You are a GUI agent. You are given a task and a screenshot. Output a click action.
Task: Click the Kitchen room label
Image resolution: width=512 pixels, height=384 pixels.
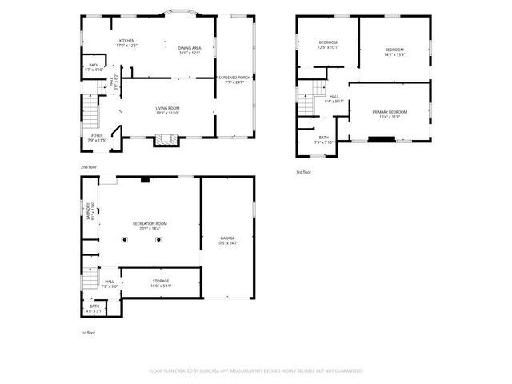pos(126,43)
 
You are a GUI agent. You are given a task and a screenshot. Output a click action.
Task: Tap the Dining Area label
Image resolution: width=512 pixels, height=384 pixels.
pos(190,50)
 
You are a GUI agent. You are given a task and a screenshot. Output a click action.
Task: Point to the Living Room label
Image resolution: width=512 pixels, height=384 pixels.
pos(166,110)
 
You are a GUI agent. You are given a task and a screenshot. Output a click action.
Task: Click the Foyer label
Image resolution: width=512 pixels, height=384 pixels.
pos(96,138)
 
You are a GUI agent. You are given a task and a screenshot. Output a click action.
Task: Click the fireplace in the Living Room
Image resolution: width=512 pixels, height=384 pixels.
pos(166,139)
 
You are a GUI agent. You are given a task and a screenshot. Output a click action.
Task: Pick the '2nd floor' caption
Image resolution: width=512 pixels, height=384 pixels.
pos(88,166)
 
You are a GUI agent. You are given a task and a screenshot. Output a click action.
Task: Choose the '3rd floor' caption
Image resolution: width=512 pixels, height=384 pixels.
pos(303,172)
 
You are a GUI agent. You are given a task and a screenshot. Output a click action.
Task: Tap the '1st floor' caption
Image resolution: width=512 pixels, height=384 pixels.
pos(88,332)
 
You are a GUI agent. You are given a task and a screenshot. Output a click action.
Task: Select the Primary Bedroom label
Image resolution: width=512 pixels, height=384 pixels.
pos(390,114)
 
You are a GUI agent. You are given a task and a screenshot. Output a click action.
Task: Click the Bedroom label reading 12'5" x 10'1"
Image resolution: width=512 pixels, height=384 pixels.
pos(328,45)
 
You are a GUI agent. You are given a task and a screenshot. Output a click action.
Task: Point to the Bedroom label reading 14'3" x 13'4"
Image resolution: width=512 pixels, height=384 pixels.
pos(395,52)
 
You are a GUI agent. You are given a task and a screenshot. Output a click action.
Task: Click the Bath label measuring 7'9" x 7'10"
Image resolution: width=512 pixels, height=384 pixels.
pos(323,140)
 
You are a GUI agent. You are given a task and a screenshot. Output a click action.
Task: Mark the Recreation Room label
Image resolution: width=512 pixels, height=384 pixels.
pos(150,226)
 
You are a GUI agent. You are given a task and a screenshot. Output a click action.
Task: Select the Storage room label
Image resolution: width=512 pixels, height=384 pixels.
pos(161,283)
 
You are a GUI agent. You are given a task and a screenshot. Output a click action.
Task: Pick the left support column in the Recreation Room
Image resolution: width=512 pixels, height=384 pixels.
pos(124,239)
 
